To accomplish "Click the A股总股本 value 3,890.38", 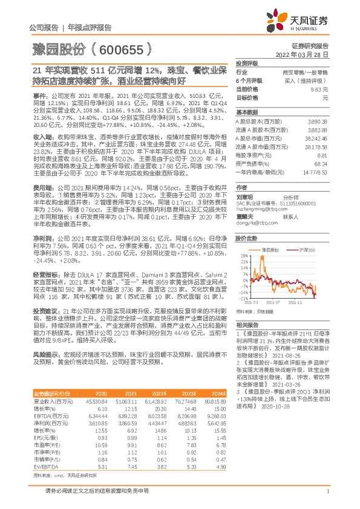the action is tap(318, 122).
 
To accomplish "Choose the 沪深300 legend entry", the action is tap(306, 249).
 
